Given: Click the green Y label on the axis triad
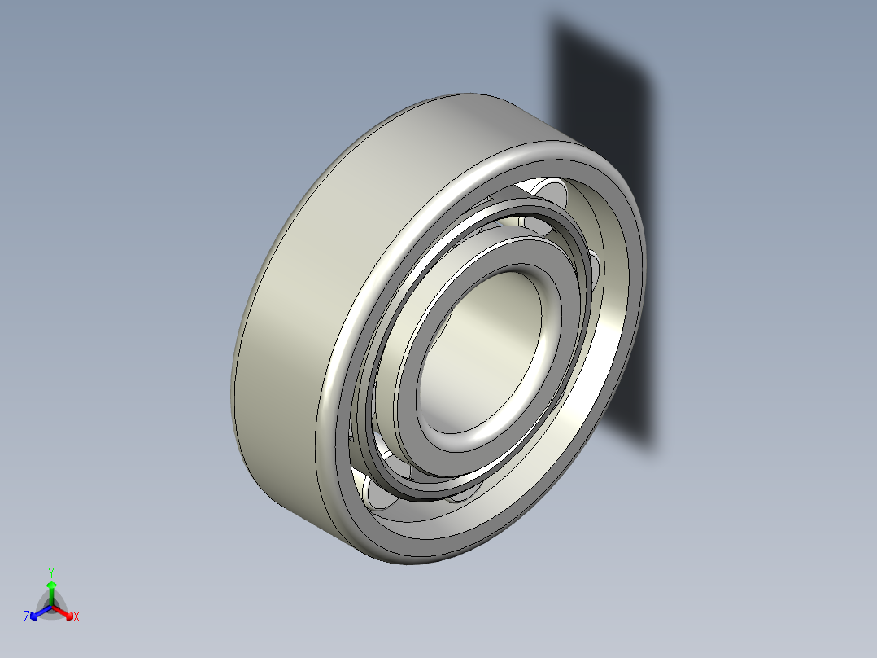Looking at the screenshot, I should pos(50,572).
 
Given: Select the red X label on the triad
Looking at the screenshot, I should pos(76,616).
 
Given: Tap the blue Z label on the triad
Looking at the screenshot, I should pos(27,616).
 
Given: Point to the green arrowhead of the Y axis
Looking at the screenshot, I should pos(50,585).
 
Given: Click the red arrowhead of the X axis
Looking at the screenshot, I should pos(68,613).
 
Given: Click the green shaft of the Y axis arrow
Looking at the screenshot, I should pos(50,595).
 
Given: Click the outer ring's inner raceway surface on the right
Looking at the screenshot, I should pos(614,318).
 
